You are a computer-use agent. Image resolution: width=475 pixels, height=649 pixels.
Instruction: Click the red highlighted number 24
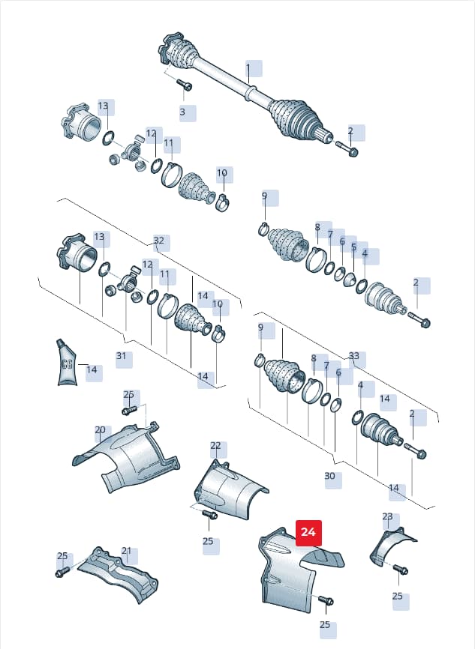pyautogui.click(x=308, y=533)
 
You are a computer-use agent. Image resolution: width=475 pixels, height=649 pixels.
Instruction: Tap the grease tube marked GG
pyautogui.click(x=66, y=363)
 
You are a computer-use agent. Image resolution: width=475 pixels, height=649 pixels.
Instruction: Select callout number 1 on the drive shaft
pyautogui.click(x=248, y=67)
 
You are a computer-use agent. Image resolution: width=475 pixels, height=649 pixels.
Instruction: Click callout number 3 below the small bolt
pyautogui.click(x=182, y=112)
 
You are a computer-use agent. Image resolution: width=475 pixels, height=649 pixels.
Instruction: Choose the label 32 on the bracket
pyautogui.click(x=159, y=241)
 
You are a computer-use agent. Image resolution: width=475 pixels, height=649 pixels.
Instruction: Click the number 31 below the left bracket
pyautogui.click(x=121, y=356)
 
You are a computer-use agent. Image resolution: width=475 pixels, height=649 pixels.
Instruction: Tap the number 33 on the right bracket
pyautogui.click(x=354, y=356)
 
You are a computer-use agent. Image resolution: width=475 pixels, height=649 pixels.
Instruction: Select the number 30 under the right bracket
pyautogui.click(x=329, y=476)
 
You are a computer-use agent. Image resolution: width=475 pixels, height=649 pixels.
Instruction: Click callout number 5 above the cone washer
pyautogui.click(x=353, y=247)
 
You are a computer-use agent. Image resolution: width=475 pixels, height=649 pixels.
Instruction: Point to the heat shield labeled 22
pyautogui.click(x=229, y=489)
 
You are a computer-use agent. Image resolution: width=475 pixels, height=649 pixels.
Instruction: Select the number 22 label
pyautogui.click(x=215, y=446)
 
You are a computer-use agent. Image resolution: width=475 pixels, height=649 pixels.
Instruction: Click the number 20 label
pyautogui.click(x=101, y=430)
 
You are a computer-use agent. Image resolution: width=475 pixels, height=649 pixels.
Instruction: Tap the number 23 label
pyautogui.click(x=387, y=516)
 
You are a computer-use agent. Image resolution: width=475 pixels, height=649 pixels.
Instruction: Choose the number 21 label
pyautogui.click(x=126, y=551)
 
